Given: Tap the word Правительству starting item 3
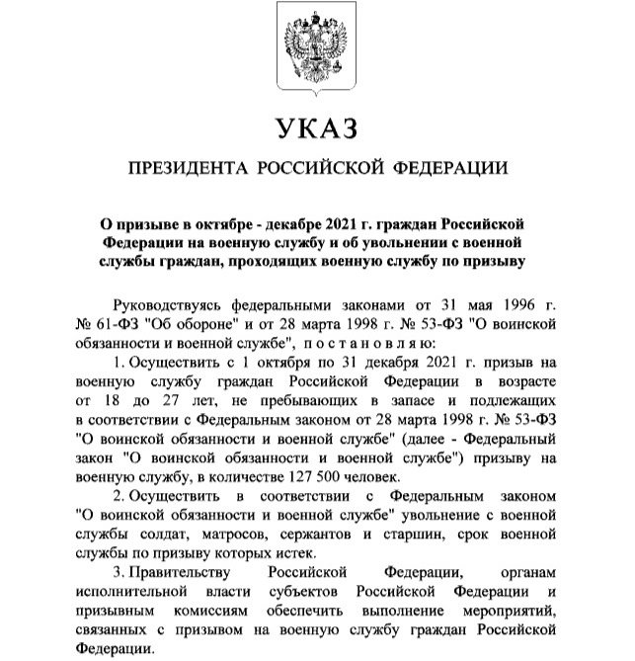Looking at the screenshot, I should pyautogui.click(x=182, y=575).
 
